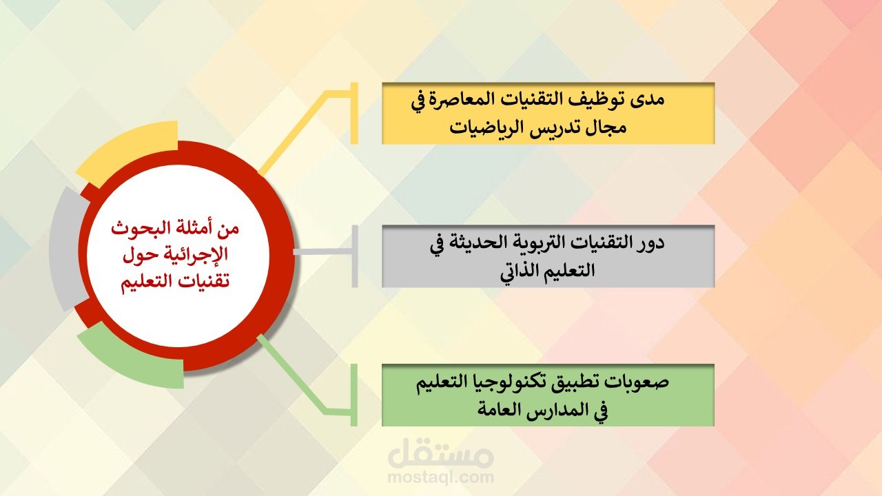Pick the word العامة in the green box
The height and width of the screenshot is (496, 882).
(497, 409)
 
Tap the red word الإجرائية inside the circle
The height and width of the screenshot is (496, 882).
(192, 255)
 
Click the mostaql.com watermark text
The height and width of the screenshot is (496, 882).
(440, 477)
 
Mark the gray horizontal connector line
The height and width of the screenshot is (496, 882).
(323, 252)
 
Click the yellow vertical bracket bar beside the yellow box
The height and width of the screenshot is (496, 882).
(354, 113)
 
